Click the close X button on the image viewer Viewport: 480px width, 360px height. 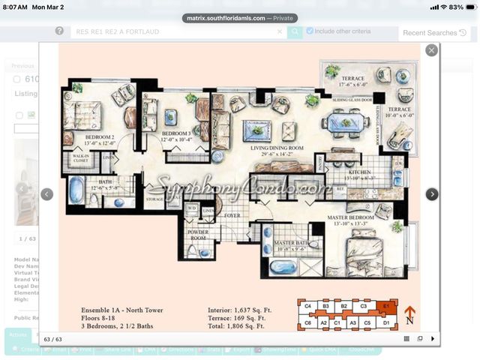(x=431, y=50)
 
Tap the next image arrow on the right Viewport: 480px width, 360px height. (x=432, y=194)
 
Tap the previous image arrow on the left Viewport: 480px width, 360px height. (x=46, y=194)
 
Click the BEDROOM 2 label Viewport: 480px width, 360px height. (x=99, y=137)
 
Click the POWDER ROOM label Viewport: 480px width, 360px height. (x=199, y=235)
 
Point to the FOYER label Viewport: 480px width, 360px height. (x=232, y=215)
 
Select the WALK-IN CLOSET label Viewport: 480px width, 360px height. (x=80, y=158)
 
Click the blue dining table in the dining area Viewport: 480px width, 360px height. (x=344, y=122)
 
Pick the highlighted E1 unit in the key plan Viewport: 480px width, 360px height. (x=385, y=306)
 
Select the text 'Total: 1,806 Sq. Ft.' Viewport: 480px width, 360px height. (x=236, y=326)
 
